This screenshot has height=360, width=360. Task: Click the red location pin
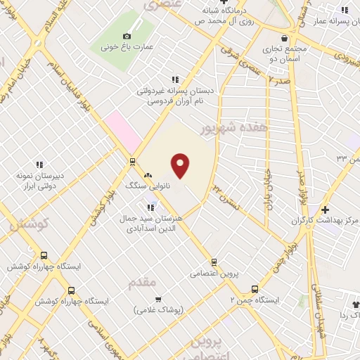coord(181,165)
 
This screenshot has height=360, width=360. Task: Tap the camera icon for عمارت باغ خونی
coord(127,36)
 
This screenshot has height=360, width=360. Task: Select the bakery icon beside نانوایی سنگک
coord(148,176)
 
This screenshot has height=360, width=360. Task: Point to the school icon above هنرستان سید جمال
coord(150,207)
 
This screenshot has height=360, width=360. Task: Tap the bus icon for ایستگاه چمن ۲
coord(255,288)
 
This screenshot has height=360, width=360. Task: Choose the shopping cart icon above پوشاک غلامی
coord(158,299)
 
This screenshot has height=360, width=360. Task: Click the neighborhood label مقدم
coord(142,281)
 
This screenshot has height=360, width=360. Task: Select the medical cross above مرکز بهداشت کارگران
coord(325,210)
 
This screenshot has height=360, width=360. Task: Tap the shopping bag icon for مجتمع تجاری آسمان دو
coord(283,39)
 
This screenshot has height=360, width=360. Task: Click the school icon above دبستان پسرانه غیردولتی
coord(175,79)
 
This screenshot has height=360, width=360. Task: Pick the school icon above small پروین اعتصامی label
coord(214,261)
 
